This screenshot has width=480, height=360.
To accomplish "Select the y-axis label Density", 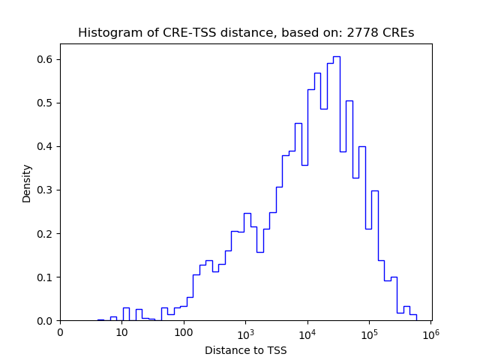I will pyautogui.click(x=27, y=183).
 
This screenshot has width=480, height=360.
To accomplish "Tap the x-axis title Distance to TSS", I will pyautogui.click(x=245, y=350).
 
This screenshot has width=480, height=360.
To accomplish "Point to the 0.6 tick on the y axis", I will pyautogui.click(x=46, y=59).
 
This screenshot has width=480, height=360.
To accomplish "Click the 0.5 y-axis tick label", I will pyautogui.click(x=46, y=103).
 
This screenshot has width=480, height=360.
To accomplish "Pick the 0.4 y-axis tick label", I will pyautogui.click(x=46, y=146).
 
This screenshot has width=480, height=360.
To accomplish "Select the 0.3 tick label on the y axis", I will pyautogui.click(x=46, y=190).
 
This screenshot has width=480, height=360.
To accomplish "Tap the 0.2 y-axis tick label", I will pyautogui.click(x=46, y=233).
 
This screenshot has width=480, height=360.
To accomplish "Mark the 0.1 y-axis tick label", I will pyautogui.click(x=46, y=277).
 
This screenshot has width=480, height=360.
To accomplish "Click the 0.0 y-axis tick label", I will pyautogui.click(x=46, y=320).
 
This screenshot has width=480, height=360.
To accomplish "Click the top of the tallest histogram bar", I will pyautogui.click(x=337, y=57).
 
